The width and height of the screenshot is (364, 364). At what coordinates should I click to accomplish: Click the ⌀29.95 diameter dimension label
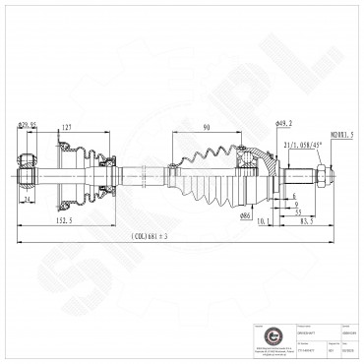point(28,125)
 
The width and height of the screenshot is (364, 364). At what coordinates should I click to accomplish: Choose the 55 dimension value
point(295,212)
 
